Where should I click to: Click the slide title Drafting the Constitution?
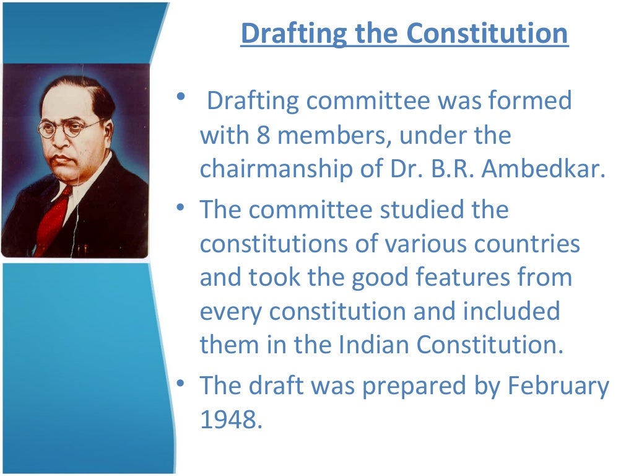coord(404,33)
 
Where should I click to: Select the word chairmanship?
coord(278,170)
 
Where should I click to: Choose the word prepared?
coord(413,387)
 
